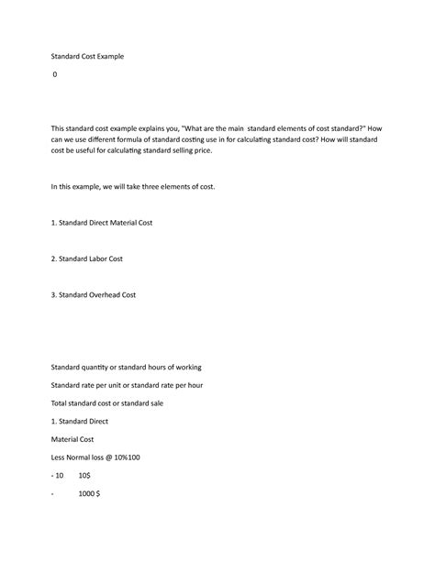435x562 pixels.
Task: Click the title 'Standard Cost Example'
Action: [87, 56]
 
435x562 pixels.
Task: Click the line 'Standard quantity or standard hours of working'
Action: [119, 367]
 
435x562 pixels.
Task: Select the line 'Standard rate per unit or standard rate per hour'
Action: [127, 385]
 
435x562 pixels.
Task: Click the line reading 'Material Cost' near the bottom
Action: [73, 439]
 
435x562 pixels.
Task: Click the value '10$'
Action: [84, 475]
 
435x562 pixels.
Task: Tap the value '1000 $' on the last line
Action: [89, 493]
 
